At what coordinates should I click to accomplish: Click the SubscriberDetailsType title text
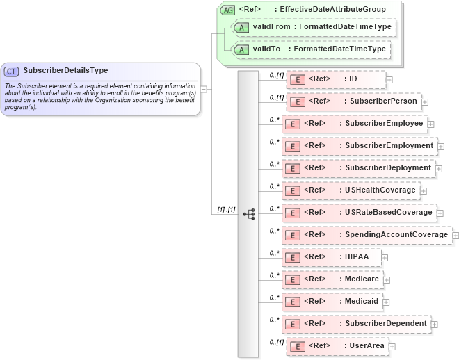coord(65,70)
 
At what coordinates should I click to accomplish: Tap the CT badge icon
coord(11,71)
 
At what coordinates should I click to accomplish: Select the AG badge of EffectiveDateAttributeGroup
coord(227,10)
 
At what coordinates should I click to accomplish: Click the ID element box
coord(336,79)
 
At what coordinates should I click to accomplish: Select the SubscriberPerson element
coord(354,101)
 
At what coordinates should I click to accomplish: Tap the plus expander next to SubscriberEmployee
coord(431,124)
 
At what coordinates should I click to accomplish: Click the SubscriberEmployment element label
coord(389,146)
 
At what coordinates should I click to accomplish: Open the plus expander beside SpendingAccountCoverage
coord(456,236)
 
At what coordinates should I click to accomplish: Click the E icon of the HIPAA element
coord(293,257)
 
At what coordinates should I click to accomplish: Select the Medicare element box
coord(332,279)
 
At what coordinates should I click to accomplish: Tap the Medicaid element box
coord(332,302)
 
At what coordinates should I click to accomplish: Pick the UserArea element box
coord(337,345)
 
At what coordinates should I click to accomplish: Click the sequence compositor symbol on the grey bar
coord(249,213)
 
